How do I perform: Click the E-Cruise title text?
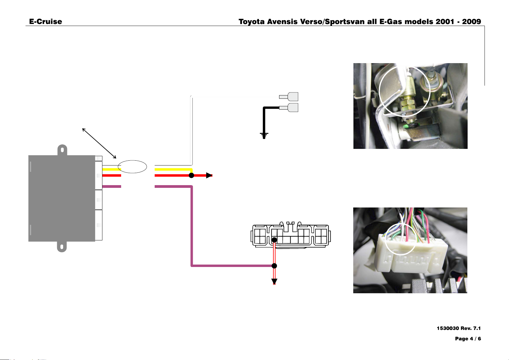tap(45, 21)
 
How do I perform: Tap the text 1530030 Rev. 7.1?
tap(459, 328)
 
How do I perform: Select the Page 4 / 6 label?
tap(468, 339)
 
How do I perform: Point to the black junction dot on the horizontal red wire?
tap(192, 175)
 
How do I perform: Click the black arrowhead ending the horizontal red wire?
tap(209, 175)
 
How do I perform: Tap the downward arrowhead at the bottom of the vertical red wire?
tap(274, 281)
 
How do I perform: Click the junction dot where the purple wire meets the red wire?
tap(274, 266)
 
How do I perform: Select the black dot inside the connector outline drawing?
tap(274, 240)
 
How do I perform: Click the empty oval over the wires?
tap(132, 160)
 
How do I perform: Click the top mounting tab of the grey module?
tap(62, 150)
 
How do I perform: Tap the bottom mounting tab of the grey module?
tap(62, 247)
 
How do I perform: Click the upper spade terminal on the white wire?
tap(289, 97)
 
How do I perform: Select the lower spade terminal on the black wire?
tap(289, 108)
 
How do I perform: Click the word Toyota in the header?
tap(252, 22)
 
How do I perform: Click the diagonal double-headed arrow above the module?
tap(99, 143)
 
